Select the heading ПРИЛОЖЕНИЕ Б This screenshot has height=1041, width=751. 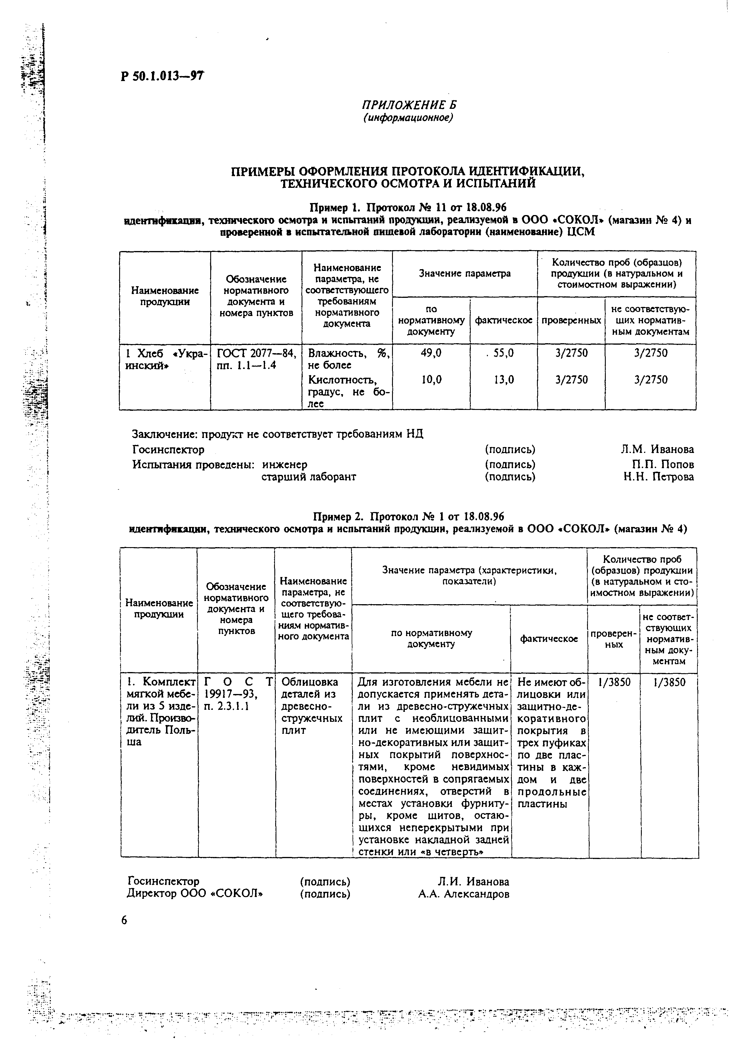(408, 106)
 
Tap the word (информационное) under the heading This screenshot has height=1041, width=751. (408, 118)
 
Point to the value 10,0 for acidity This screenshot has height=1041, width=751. (431, 379)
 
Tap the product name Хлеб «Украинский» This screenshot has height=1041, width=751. (165, 359)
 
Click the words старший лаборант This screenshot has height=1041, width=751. (309, 477)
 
